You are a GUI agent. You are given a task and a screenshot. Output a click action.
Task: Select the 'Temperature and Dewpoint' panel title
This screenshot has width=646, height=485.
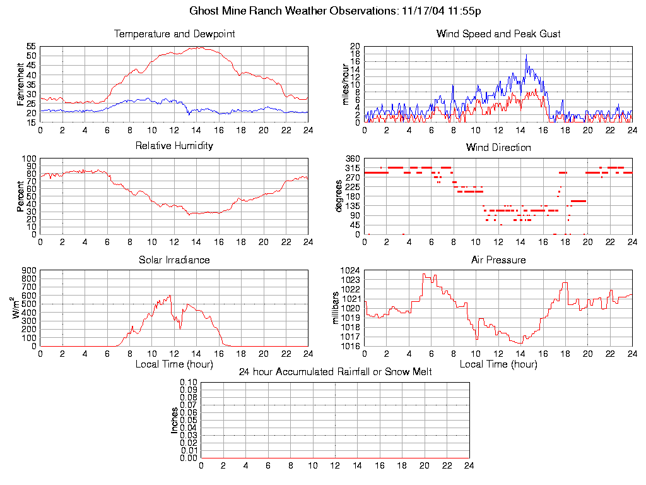(x=174, y=34)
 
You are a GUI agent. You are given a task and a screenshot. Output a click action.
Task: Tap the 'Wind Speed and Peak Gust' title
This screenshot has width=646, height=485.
(x=498, y=34)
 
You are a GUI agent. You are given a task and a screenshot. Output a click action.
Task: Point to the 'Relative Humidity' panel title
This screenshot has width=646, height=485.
(x=174, y=146)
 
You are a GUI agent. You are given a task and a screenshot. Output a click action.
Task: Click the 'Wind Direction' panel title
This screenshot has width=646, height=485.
(x=498, y=148)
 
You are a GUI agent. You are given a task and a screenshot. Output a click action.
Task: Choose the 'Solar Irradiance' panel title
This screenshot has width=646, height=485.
(x=174, y=260)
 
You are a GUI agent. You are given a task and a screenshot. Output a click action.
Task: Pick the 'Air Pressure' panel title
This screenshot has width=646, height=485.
(x=498, y=260)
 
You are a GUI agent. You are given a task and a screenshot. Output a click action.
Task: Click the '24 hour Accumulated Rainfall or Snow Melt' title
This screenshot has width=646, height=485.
(x=335, y=372)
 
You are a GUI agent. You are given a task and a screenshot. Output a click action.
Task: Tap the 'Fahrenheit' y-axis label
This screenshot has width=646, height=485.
(x=20, y=85)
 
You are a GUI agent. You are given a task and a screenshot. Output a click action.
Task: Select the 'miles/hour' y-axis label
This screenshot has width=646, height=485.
(x=344, y=85)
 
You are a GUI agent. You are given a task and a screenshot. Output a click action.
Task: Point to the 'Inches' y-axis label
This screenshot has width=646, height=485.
(x=174, y=420)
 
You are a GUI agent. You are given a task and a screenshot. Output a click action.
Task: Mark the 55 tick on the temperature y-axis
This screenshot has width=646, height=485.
(x=31, y=47)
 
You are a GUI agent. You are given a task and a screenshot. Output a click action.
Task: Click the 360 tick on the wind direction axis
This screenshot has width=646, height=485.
(x=353, y=159)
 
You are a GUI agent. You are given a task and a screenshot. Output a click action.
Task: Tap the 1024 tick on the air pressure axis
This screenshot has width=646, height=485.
(x=351, y=270)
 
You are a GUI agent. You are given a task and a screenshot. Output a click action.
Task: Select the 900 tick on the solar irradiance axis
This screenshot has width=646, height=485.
(x=29, y=270)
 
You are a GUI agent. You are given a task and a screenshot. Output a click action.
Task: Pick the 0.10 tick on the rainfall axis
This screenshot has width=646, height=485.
(x=189, y=382)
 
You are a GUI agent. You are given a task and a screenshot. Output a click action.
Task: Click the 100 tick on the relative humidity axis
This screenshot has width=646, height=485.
(x=29, y=159)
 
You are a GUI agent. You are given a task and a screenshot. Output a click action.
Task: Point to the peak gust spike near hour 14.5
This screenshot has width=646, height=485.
(x=526, y=55)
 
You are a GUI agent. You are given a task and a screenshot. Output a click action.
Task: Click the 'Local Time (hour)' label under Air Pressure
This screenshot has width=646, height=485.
(x=498, y=364)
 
